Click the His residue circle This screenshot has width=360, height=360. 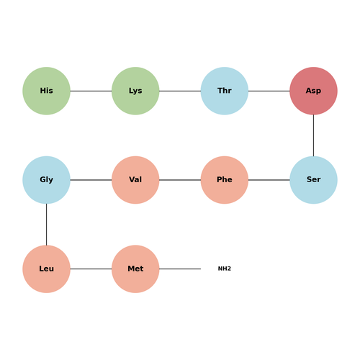coord(46,91)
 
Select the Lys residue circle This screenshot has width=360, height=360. coord(135,91)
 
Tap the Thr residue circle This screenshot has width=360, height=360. coord(225,91)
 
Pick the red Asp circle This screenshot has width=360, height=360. coord(313,91)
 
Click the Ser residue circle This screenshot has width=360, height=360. coord(313,180)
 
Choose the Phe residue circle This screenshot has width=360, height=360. coord(225,180)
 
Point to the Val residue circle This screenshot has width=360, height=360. coord(135,180)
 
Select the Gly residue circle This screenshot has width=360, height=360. coord(46,180)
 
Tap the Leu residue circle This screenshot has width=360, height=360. coord(46,269)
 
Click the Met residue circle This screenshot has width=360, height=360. coord(135,269)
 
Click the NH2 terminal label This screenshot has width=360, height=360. coord(225,269)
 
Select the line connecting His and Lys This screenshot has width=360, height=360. coord(91,91)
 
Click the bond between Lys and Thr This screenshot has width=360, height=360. coord(180,91)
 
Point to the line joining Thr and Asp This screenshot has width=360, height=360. coord(269,91)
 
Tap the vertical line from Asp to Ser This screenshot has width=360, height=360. coord(313,135)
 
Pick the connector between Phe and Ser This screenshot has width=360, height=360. coord(269,180)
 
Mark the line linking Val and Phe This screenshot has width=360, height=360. coord(180,180)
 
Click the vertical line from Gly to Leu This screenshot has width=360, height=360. coord(46,225)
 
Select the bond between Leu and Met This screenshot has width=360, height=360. coord(91,269)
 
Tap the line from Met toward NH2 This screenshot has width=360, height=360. coord(180,269)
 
